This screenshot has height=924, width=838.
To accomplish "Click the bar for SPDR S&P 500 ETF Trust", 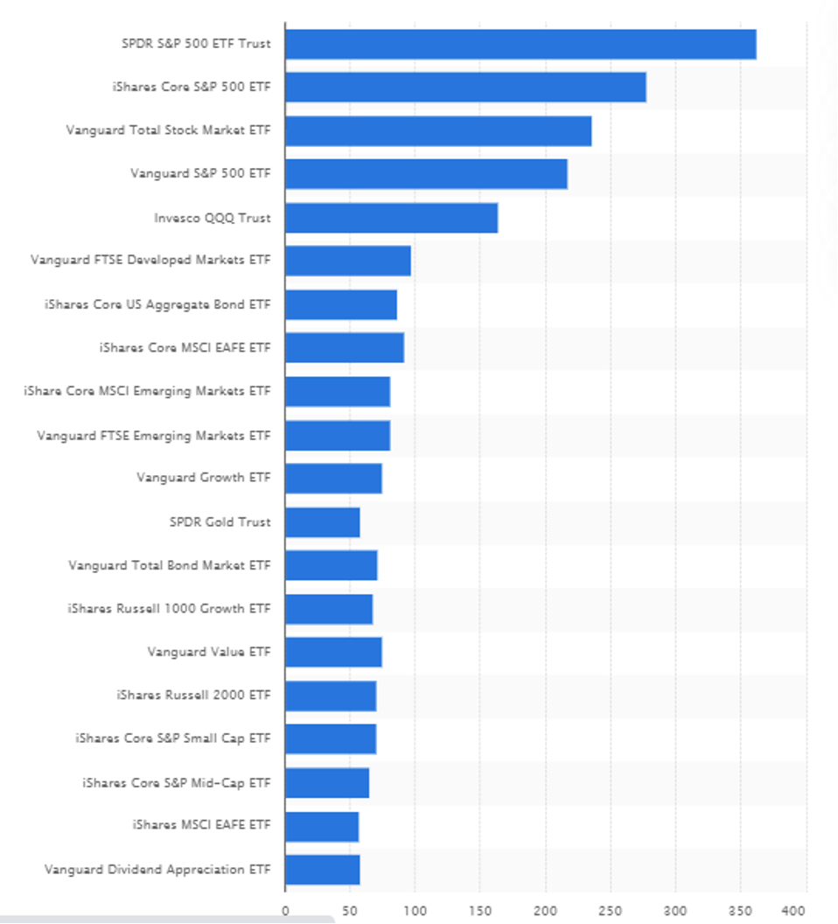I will [520, 44].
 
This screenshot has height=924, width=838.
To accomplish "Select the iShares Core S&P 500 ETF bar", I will [465, 87].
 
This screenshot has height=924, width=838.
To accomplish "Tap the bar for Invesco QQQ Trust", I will [391, 218].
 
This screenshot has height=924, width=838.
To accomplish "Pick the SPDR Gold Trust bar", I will [322, 522].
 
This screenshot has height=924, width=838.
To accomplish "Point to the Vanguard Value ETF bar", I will [333, 652].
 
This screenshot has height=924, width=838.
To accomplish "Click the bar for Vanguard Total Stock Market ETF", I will [438, 131].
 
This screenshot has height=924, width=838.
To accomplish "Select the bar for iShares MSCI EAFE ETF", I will [322, 826].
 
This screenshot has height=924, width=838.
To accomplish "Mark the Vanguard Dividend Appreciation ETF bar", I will [322, 870].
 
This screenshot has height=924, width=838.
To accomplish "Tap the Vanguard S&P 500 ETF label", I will [200, 174].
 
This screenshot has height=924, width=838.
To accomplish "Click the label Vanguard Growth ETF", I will [203, 478].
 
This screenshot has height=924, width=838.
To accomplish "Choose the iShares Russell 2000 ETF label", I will [193, 696].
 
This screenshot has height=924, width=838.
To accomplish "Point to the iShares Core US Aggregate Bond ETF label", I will [157, 304].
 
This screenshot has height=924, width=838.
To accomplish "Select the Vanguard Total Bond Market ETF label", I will [170, 565].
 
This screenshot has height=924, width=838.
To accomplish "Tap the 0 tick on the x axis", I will [285, 911].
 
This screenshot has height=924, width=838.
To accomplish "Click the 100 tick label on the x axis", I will [415, 911].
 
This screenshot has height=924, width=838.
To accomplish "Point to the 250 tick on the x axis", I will [611, 911].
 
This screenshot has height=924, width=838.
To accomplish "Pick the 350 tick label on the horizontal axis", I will [741, 911].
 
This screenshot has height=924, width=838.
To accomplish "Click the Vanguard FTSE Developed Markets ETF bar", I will [347, 261].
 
